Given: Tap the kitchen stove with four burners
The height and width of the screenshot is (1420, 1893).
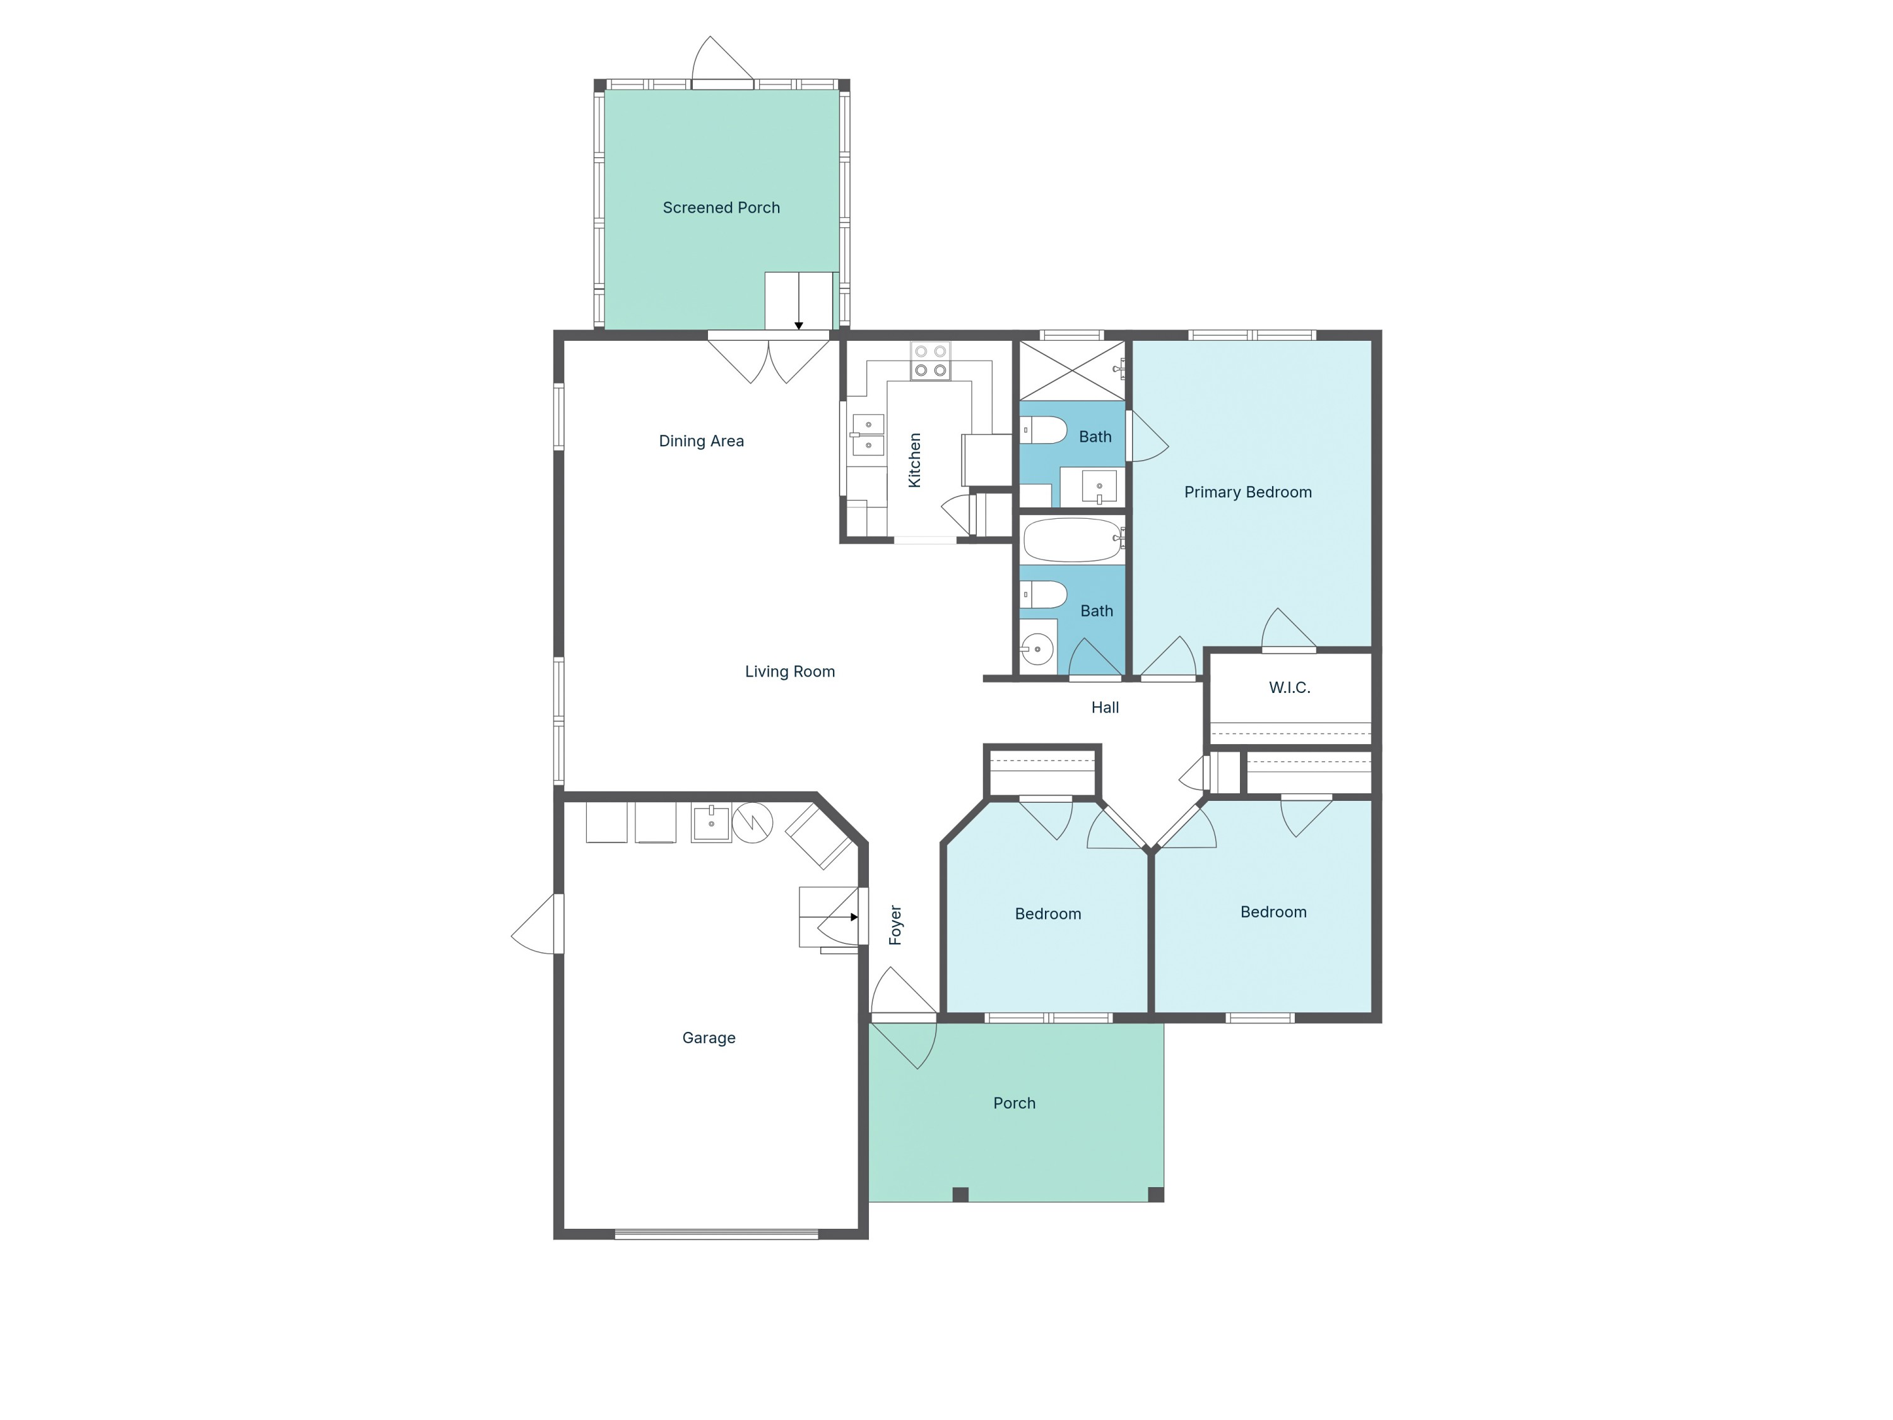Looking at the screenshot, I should tap(930, 361).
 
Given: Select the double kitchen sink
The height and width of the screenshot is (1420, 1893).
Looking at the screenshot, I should tap(868, 435).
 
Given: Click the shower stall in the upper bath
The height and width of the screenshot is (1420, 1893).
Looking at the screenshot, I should tap(1071, 370).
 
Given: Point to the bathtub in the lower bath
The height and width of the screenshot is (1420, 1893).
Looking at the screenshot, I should tap(1072, 539).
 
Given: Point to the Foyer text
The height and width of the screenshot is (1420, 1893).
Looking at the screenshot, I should tap(895, 925).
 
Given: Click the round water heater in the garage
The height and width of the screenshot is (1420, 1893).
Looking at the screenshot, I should tap(752, 822).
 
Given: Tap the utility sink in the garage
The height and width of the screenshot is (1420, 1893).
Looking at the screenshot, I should tap(711, 822).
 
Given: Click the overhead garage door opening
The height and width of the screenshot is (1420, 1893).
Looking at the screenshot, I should tap(716, 1233).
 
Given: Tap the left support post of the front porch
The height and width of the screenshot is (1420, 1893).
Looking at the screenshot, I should tap(960, 1195).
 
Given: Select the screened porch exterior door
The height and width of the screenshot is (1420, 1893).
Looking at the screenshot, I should tap(722, 62).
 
